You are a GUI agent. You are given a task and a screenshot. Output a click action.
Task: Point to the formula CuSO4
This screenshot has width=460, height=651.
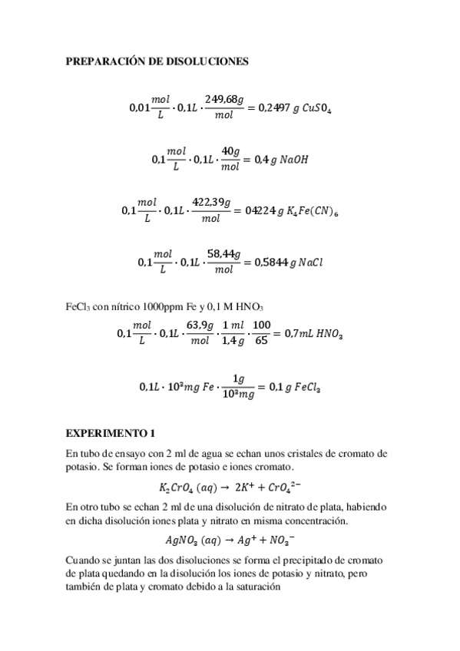pos(316,109)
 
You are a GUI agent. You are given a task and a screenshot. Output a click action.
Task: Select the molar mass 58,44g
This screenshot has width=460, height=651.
pos(225,253)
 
